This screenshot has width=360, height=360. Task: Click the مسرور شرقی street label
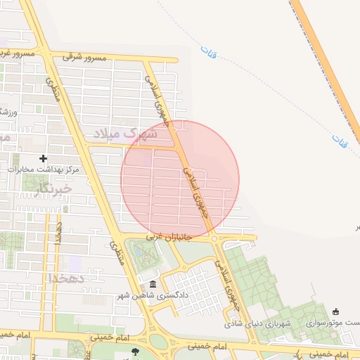(84, 57)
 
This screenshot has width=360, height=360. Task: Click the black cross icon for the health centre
(44, 159)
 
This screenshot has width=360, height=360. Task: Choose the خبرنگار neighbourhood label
(52, 188)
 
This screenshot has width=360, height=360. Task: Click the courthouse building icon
(153, 285)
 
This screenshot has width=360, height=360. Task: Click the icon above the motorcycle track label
(335, 312)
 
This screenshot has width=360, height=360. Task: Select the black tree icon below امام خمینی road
(135, 352)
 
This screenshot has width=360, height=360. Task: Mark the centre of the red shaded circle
(180, 179)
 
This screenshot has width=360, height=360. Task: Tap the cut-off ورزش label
(4, 111)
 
